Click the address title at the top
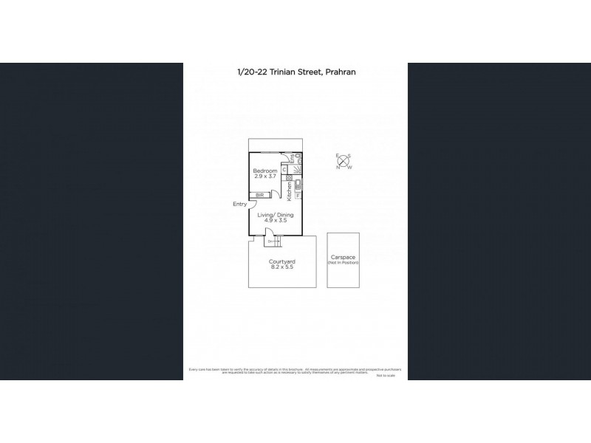pos(295,72)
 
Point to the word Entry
pos(239,205)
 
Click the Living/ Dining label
pos(276,215)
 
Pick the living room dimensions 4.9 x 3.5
pos(276,221)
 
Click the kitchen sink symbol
pos(298,185)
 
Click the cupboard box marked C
pos(284,169)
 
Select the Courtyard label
pos(282,261)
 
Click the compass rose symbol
pos(344,160)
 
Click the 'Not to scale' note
pos(386,376)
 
